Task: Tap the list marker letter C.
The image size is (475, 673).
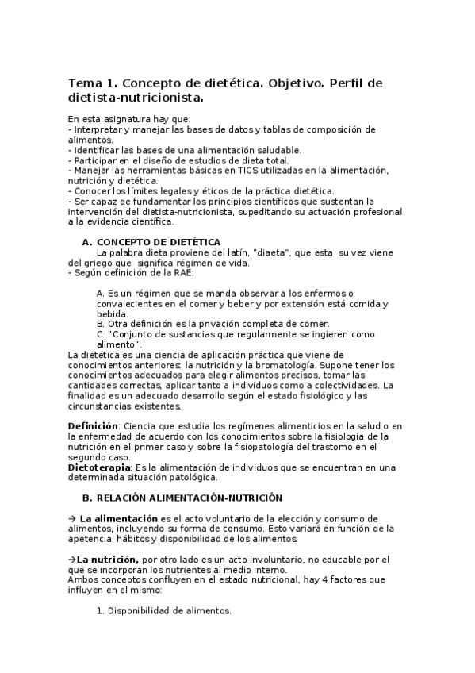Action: click(100, 334)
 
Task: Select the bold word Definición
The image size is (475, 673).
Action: click(93, 426)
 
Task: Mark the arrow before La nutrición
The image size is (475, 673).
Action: click(71, 560)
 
